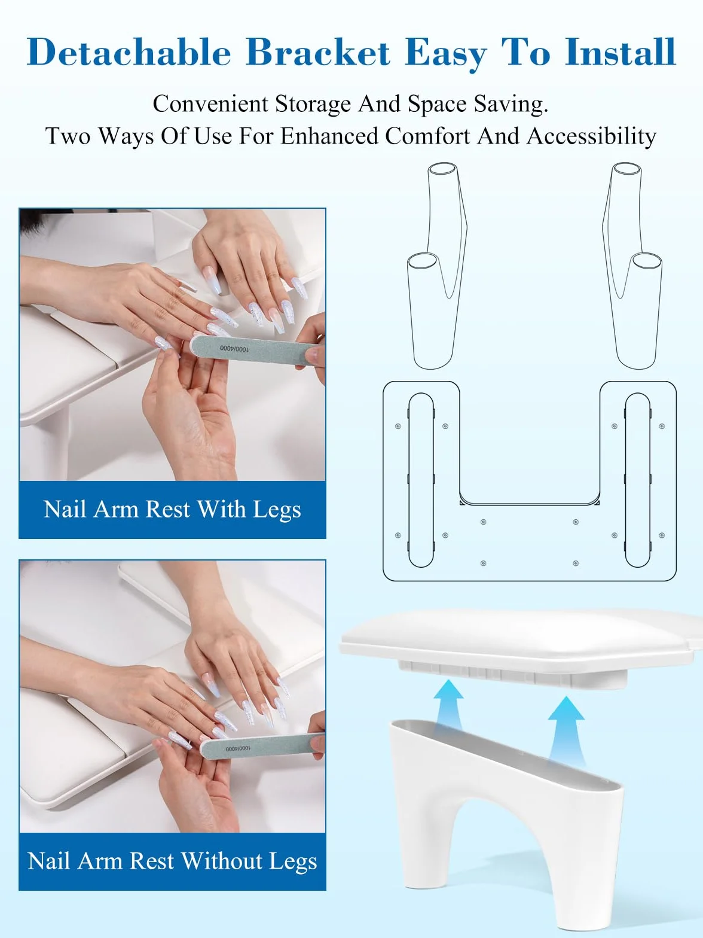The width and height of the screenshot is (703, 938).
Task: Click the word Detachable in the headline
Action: (x=129, y=52)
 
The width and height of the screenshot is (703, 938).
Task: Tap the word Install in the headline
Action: (x=621, y=52)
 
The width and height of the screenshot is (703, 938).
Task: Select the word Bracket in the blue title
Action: (x=318, y=52)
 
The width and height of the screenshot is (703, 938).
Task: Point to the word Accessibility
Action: (x=591, y=136)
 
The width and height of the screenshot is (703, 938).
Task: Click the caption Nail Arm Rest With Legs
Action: (x=172, y=510)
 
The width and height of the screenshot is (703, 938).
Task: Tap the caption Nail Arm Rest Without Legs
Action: (x=172, y=861)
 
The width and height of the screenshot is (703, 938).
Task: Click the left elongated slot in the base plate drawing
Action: (x=421, y=480)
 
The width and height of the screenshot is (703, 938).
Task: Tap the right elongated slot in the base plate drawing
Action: (x=638, y=480)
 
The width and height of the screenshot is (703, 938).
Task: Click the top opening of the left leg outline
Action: (x=443, y=168)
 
